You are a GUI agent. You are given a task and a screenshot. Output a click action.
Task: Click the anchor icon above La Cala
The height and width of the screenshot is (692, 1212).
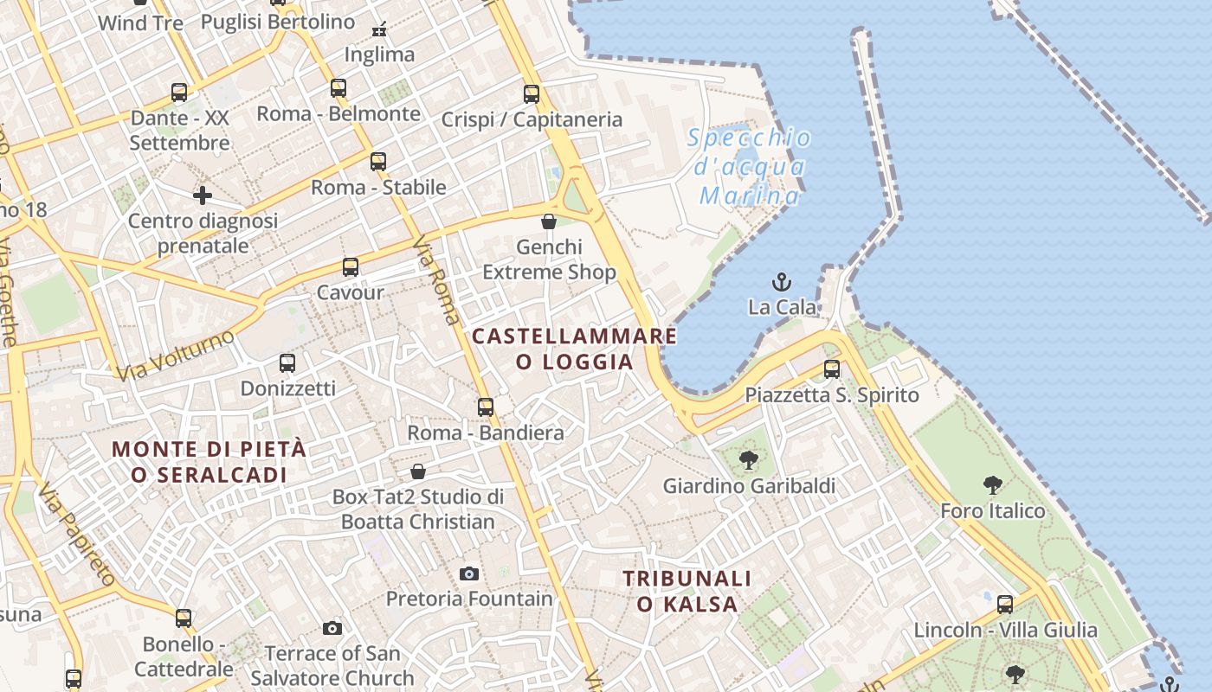tap(782, 282)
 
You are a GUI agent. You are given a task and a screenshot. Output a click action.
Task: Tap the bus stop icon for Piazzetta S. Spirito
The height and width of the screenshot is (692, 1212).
tap(832, 369)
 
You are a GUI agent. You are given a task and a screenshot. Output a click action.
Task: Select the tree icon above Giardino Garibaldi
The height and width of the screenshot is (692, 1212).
tap(749, 460)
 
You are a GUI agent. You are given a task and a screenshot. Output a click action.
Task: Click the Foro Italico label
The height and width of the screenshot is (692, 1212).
tap(993, 511)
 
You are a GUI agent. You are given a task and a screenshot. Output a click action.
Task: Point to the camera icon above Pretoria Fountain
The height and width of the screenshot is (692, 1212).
tap(469, 573)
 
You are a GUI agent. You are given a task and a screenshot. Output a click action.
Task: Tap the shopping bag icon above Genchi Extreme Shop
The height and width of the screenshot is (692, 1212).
tap(549, 221)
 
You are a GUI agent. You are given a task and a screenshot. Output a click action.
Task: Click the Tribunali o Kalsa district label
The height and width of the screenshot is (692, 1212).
tap(687, 591)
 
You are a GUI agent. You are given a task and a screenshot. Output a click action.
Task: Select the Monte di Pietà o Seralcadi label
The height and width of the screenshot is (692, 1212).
tap(210, 462)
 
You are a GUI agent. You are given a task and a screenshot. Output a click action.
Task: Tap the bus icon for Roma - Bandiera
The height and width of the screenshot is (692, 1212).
tap(486, 407)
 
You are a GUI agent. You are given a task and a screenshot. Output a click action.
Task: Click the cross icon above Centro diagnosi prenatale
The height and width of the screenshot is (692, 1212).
tap(203, 195)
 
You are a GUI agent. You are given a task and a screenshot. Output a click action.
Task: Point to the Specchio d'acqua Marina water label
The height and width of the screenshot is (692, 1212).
tap(751, 167)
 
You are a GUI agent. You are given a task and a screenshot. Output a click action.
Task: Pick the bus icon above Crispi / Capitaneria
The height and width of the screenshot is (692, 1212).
tap(532, 94)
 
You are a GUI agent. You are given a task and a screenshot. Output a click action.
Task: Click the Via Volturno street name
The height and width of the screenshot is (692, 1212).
tap(176, 356)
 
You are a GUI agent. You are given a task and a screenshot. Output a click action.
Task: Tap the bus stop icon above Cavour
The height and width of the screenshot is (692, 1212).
tap(351, 267)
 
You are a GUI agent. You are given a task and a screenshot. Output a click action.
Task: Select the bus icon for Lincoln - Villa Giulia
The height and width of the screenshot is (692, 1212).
tap(1005, 604)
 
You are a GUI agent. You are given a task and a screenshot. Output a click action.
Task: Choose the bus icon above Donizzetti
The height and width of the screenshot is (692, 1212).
tap(287, 363)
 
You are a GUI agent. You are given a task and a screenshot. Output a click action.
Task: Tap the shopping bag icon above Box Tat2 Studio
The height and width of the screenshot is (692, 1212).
tap(418, 471)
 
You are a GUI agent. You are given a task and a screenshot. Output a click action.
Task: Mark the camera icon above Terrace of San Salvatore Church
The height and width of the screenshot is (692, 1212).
tap(332, 628)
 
